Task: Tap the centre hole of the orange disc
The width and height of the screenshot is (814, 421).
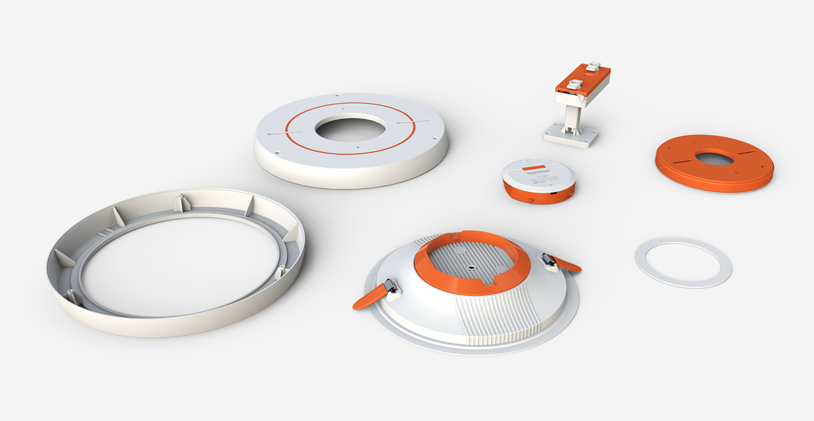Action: (714, 159)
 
